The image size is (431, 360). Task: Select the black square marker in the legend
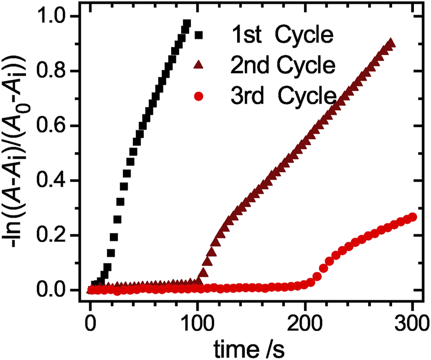(x=199, y=36)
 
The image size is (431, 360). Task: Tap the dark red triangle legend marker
(x=199, y=65)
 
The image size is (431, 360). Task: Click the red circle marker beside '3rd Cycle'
(x=199, y=95)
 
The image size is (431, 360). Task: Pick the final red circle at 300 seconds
(x=413, y=217)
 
